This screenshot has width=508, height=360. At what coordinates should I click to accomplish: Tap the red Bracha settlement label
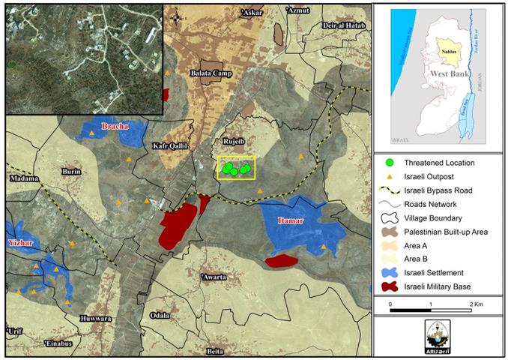tap(121, 127)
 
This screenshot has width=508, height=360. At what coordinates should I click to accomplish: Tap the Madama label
tap(24, 178)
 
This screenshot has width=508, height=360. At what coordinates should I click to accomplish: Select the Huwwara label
tap(95, 317)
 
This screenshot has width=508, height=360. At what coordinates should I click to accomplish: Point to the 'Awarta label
tap(214, 277)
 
